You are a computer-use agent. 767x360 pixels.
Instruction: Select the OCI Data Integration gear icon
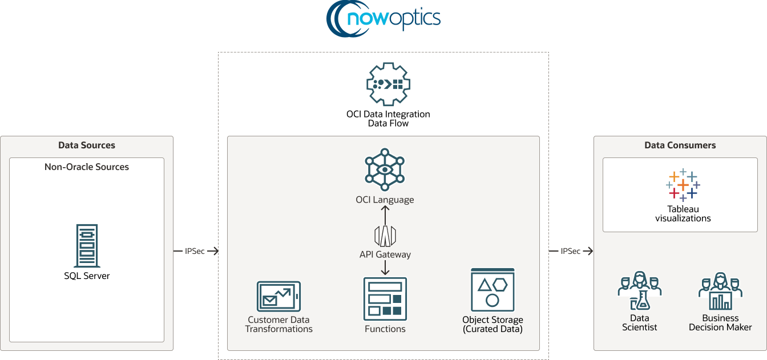pos(388,84)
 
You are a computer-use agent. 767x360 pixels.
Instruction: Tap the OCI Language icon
pos(385,170)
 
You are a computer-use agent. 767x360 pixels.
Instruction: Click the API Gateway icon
pos(385,235)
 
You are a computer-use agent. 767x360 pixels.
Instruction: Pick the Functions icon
pos(385,299)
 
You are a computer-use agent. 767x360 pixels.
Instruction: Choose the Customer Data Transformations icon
pos(278,297)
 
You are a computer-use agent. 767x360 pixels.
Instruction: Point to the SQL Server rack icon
pos(87,246)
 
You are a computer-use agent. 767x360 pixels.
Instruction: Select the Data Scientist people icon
pos(639,291)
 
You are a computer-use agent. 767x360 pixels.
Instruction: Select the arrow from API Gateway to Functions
pos(385,267)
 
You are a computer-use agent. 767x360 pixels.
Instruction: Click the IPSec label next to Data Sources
pos(195,251)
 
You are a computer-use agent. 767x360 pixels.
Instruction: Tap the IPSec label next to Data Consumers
pos(571,251)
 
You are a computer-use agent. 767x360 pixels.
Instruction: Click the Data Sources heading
pos(87,145)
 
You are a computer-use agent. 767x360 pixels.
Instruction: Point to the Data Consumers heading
pos(680,145)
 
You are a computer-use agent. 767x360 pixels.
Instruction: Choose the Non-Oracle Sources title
pos(87,167)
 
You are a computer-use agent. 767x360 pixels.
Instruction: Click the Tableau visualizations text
pos(683,213)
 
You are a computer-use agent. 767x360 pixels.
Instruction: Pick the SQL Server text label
pos(87,276)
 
